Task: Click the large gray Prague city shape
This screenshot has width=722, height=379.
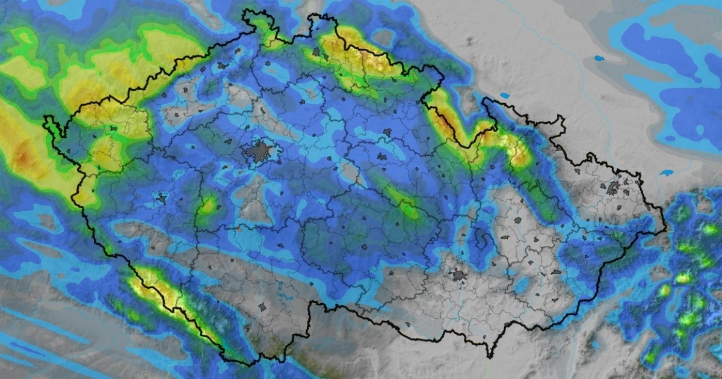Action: [259, 152]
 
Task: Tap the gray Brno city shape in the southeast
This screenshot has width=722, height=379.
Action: [459, 275]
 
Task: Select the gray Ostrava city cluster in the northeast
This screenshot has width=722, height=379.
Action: [613, 188]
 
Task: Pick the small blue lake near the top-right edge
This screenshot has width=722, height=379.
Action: [599, 58]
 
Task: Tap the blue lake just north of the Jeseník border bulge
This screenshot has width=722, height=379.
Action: [504, 95]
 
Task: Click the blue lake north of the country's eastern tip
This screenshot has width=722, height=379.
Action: [665, 173]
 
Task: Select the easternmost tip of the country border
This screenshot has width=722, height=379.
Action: [666, 229]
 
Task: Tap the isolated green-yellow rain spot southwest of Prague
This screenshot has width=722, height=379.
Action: [208, 206]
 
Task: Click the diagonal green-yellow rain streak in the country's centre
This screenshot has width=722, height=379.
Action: [402, 202]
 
